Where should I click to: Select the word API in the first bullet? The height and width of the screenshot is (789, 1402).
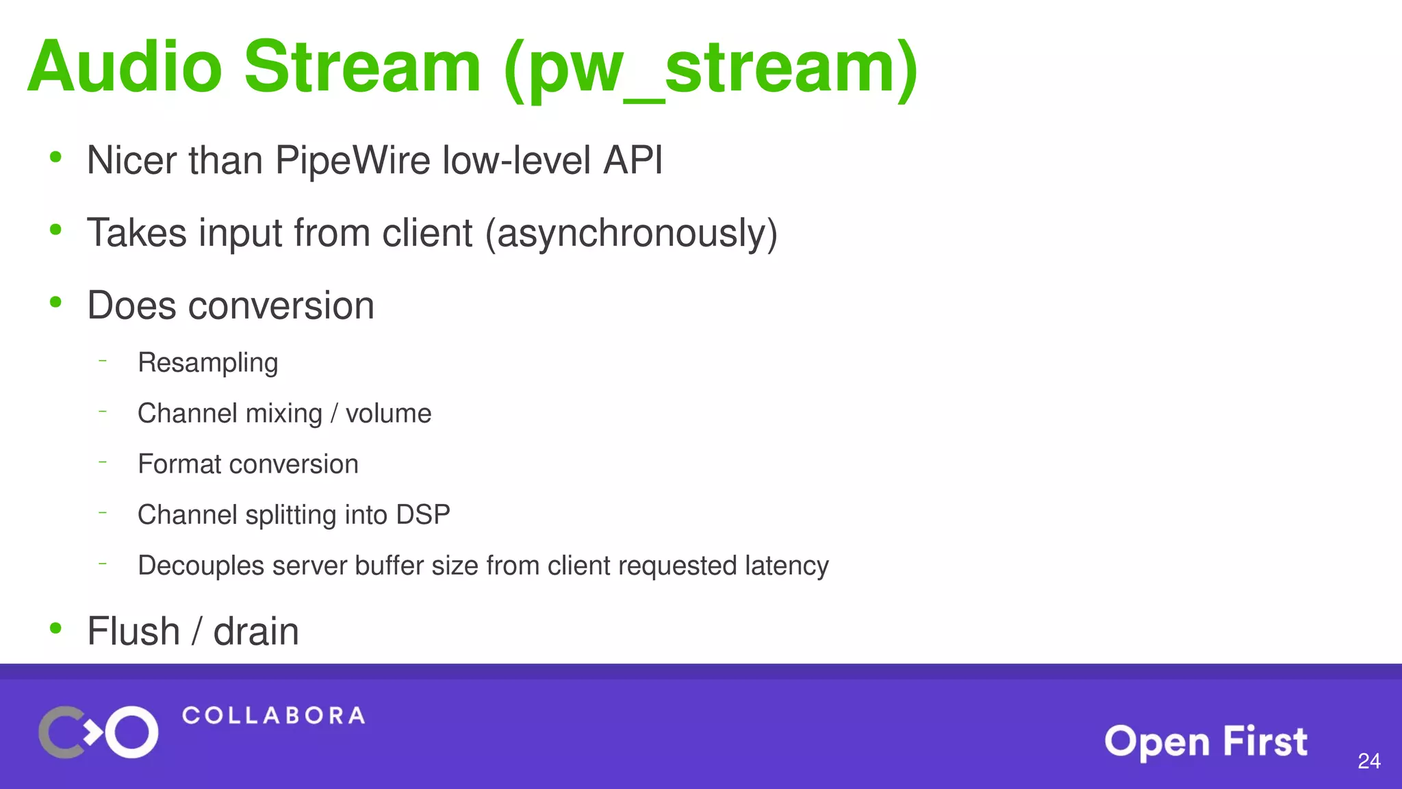coord(633,160)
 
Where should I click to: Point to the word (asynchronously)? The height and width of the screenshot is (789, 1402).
coord(631,234)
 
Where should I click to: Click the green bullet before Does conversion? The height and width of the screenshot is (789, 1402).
coord(56,301)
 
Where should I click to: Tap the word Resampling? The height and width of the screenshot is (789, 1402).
coord(207,363)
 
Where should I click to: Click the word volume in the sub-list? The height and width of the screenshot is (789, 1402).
coord(388,414)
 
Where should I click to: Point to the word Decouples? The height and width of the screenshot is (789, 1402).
coord(201,566)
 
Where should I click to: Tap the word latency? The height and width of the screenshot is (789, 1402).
coord(787,566)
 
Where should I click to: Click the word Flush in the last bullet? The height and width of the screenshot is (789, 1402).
coord(133,631)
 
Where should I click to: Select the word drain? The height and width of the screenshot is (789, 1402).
coord(256,631)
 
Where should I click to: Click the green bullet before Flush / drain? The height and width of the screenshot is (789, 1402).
coord(56,628)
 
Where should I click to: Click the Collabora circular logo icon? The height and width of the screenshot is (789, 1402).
coord(99,732)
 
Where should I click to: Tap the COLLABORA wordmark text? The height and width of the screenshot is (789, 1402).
coord(273,716)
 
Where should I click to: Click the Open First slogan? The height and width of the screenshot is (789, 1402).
coord(1206,742)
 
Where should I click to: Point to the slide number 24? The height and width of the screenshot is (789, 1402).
coord(1368,761)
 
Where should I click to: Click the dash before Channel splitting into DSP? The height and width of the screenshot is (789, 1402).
coord(103,512)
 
